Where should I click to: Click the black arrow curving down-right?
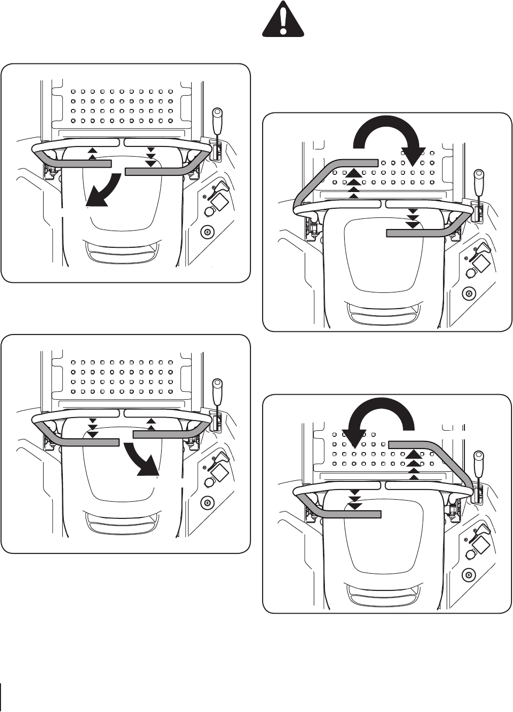click(x=144, y=459)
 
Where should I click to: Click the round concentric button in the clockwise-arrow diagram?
click(x=468, y=293)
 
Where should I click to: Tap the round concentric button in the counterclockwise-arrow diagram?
click(x=468, y=575)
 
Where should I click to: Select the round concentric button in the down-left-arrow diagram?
click(x=207, y=233)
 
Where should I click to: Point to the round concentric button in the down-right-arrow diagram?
click(x=207, y=503)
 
